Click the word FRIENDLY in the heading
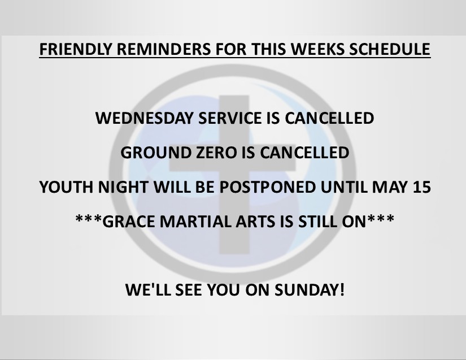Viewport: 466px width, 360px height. (x=76, y=49)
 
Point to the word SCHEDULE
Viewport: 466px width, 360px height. (x=390, y=49)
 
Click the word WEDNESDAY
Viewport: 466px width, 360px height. (x=145, y=118)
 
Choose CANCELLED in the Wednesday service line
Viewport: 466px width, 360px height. (x=329, y=118)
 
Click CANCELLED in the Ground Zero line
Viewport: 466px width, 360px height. (x=304, y=153)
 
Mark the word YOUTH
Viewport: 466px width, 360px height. (x=66, y=187)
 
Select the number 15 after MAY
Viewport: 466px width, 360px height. (x=422, y=187)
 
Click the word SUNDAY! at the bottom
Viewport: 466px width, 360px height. (x=310, y=290)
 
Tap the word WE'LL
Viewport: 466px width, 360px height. (x=148, y=290)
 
